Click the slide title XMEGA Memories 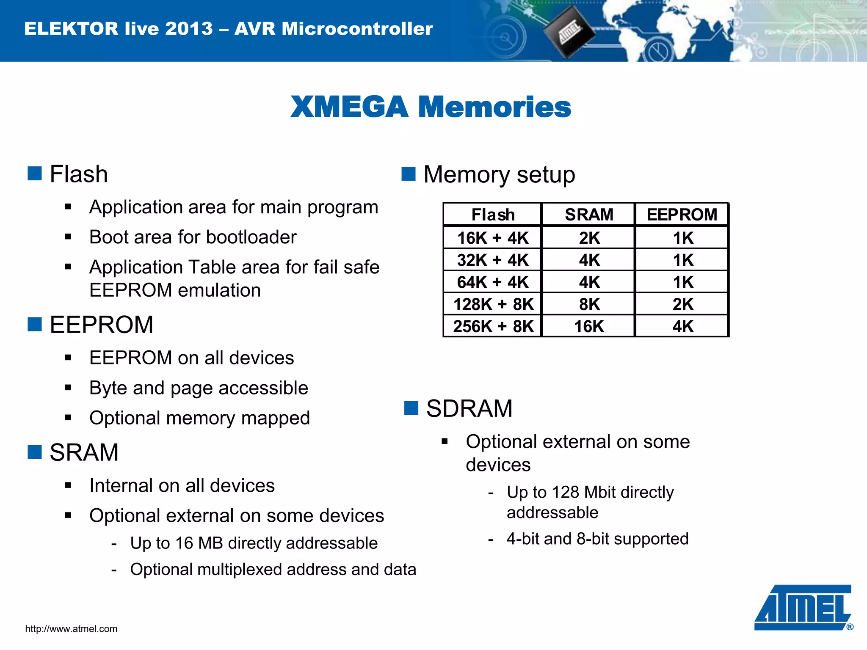click(431, 107)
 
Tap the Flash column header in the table click(493, 215)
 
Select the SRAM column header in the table click(589, 215)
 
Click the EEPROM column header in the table click(682, 215)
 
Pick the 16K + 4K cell click(493, 238)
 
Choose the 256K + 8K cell click(493, 326)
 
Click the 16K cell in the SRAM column click(589, 326)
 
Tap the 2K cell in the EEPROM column click(682, 304)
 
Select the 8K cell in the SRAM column click(589, 304)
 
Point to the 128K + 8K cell click(493, 304)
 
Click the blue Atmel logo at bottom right click(803, 608)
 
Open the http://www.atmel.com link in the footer click(71, 629)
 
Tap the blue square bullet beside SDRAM click(411, 408)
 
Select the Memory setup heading click(499, 174)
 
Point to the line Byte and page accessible click(199, 388)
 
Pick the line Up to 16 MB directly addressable click(254, 543)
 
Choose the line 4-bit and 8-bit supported click(597, 539)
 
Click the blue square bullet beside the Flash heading click(35, 174)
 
